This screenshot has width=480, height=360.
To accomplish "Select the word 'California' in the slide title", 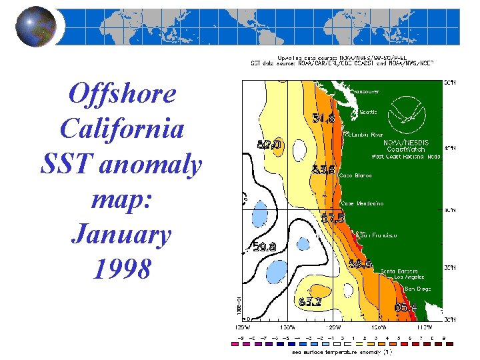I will pyautogui.click(x=121, y=129).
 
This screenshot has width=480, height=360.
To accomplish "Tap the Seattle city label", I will pyautogui.click(x=369, y=112).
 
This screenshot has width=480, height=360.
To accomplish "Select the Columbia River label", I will pyautogui.click(x=363, y=134).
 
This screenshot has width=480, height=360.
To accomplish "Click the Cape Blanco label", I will pyautogui.click(x=355, y=175).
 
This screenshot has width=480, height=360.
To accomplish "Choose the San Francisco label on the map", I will pyautogui.click(x=377, y=235).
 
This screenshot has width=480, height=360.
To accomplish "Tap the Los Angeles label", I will pyautogui.click(x=399, y=277).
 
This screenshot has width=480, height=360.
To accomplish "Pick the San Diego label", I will pyautogui.click(x=418, y=289).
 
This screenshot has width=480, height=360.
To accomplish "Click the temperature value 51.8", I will pyautogui.click(x=324, y=119).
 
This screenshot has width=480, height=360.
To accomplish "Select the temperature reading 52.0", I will pyautogui.click(x=269, y=144).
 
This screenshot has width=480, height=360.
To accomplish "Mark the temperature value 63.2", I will pyautogui.click(x=310, y=302).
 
